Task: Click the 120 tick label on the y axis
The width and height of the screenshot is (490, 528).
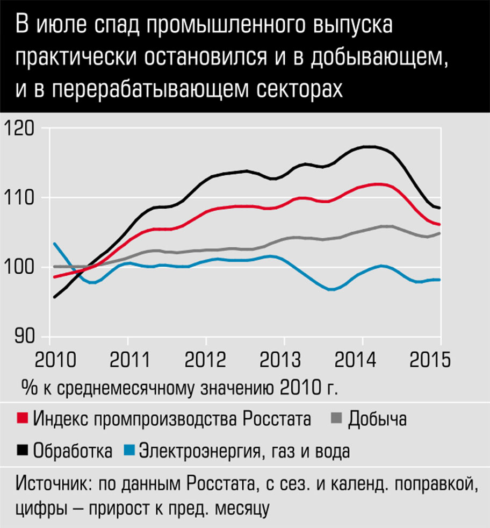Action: coord(20,129)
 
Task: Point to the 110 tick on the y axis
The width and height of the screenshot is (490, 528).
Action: coord(20,198)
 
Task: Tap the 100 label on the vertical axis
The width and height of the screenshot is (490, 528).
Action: coord(20,267)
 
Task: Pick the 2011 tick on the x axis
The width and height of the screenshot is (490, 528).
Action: coord(128,359)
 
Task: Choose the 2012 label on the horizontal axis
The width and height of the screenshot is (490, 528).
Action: coord(206,359)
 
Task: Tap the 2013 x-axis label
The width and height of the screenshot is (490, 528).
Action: coord(284,359)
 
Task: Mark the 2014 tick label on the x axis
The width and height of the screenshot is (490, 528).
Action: coord(362,359)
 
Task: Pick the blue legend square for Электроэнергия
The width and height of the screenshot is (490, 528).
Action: coord(128,450)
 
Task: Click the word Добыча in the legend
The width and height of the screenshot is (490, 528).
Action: coord(377,418)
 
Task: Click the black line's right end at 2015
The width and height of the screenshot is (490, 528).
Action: coord(440,208)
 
